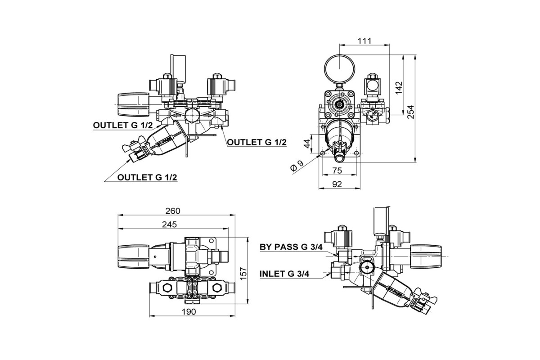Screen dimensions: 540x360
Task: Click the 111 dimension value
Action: click(364, 41)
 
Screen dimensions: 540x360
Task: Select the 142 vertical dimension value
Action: click(399, 88)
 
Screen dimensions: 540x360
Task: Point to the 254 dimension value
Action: click(411, 112)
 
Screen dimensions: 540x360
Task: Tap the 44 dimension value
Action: click(307, 144)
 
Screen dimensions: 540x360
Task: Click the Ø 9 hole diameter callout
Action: click(297, 166)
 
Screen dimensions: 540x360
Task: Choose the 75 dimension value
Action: click(337, 171)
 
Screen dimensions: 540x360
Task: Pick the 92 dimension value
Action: click(337, 184)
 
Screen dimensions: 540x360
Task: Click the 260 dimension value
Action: click(173, 211)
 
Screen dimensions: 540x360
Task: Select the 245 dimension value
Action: click(170, 225)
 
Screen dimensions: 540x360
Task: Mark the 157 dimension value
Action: click(244, 273)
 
